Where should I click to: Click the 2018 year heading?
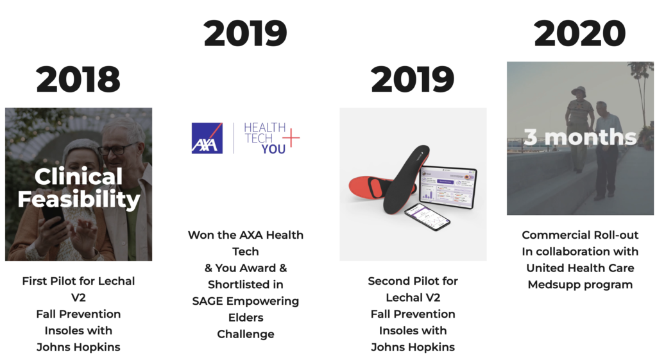[x=78, y=80]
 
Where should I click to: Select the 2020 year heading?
[x=580, y=33]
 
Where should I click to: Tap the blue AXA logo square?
[x=207, y=138]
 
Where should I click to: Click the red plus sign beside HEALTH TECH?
[x=293, y=137]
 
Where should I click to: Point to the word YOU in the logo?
[x=273, y=149]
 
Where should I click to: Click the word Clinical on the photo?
[x=78, y=176]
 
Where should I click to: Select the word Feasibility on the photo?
[x=78, y=200]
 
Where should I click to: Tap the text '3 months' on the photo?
[x=580, y=137]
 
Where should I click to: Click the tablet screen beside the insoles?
[x=448, y=187]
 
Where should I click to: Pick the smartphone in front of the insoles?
[x=427, y=217]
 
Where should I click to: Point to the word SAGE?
[x=209, y=301]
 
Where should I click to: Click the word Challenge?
[x=245, y=334]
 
